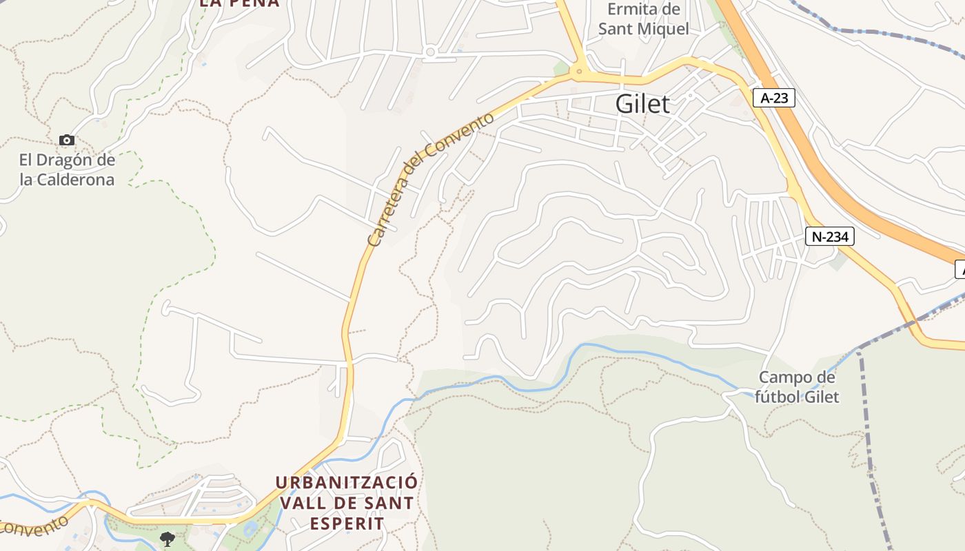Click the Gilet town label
coord(642,104)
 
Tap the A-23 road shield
coord(773,98)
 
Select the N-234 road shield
coord(830,236)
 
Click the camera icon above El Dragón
coord(67,141)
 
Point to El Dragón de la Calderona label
coord(67,170)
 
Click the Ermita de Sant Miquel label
coord(643,19)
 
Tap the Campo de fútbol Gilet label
coord(797,387)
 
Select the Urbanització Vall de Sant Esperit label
coord(346,502)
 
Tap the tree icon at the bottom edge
coord(167,539)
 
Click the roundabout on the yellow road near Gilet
coord(579,70)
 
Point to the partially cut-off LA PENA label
coord(239,3)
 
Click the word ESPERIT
coord(346,523)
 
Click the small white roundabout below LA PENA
coord(431,52)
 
